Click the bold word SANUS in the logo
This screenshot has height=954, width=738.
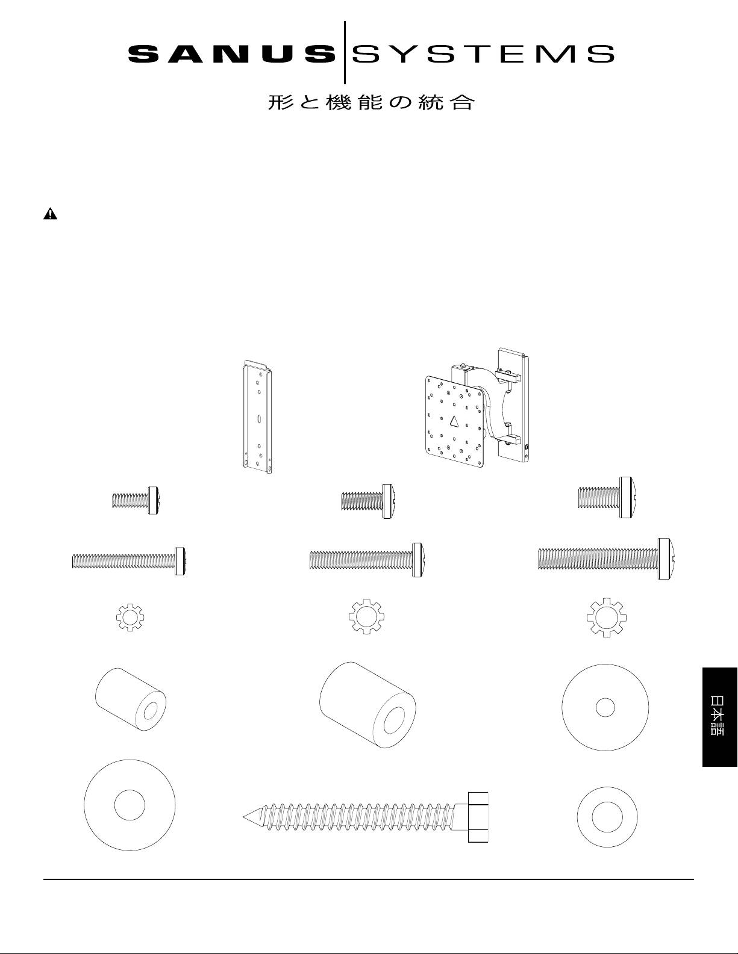[x=231, y=54]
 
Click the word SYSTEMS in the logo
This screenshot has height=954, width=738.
[x=483, y=54]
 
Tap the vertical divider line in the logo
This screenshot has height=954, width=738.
[x=345, y=52]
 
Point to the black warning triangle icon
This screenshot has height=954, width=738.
[x=50, y=214]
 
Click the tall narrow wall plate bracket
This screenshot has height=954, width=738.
[x=257, y=416]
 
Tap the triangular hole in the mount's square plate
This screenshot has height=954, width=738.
[x=454, y=421]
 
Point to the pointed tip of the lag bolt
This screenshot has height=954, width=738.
[x=243, y=817]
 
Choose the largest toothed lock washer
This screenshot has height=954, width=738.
[x=607, y=618]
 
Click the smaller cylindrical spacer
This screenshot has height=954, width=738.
[x=131, y=699]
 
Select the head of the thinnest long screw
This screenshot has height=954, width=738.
[x=180, y=561]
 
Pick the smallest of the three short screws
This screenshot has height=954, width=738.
[x=136, y=500]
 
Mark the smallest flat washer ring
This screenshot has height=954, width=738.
[x=607, y=817]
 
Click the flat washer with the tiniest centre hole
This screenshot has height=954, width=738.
[x=605, y=707]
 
